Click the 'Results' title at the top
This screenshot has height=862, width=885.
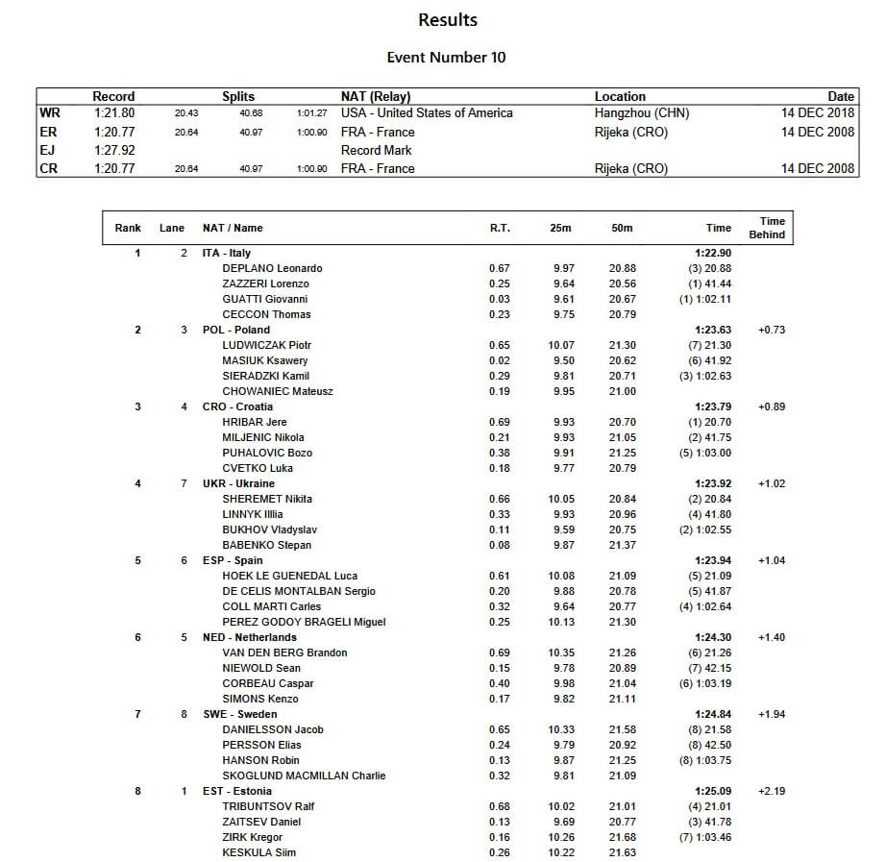pos(448,19)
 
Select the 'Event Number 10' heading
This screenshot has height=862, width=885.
pos(446,57)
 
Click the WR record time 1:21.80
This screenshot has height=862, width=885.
pos(113,113)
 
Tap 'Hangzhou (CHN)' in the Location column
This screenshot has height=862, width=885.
pos(642,113)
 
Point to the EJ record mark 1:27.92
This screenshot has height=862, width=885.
pos(113,150)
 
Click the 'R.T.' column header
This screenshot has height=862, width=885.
pos(500,228)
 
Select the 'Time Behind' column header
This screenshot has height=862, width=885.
pos(767,228)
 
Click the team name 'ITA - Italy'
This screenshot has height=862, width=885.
pos(227,253)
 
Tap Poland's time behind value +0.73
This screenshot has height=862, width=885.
pos(772,330)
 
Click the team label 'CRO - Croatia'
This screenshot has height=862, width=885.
pos(237,406)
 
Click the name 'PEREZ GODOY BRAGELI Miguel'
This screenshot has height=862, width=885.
pos(304,622)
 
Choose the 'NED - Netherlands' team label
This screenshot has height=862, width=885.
pos(249,637)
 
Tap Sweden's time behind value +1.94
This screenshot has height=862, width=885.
pos(772,714)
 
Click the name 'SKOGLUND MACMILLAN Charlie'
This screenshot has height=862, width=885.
pos(304,776)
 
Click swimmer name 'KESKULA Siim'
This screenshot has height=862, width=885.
pos(258,852)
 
